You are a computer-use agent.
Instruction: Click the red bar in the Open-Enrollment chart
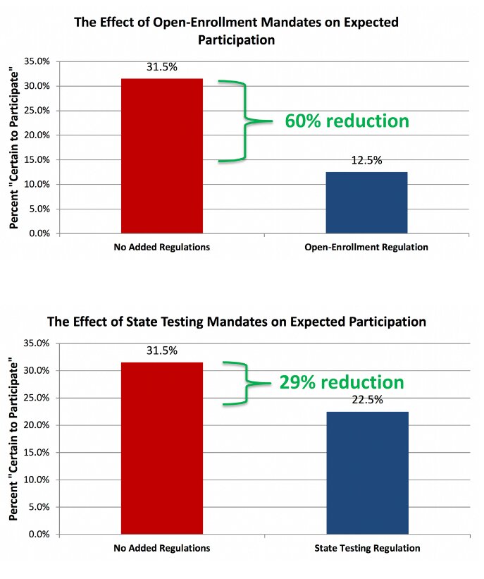coord(162,155)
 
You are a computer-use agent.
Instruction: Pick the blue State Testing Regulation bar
coord(367,473)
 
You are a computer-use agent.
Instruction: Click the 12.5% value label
coord(366,161)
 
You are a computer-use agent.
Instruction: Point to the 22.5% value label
coord(367,400)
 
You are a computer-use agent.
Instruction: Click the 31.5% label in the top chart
coord(161,68)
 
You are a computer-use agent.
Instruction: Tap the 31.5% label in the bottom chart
coord(161,351)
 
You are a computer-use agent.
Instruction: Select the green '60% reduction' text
coord(347,121)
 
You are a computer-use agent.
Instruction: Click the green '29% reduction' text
coord(342,382)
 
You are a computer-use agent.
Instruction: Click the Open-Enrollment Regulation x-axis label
coord(366,248)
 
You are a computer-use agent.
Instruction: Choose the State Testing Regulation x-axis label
coord(367,548)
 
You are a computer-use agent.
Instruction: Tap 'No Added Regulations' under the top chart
coord(161,248)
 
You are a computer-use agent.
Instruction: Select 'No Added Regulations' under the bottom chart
coord(161,548)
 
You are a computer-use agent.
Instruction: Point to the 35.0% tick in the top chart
coord(37,61)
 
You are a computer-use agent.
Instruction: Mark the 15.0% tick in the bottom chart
coord(37,453)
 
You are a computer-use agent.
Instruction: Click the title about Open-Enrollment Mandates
coord(237,31)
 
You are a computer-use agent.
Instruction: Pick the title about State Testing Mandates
coord(237,322)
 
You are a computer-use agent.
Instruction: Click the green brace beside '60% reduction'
coord(243,121)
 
